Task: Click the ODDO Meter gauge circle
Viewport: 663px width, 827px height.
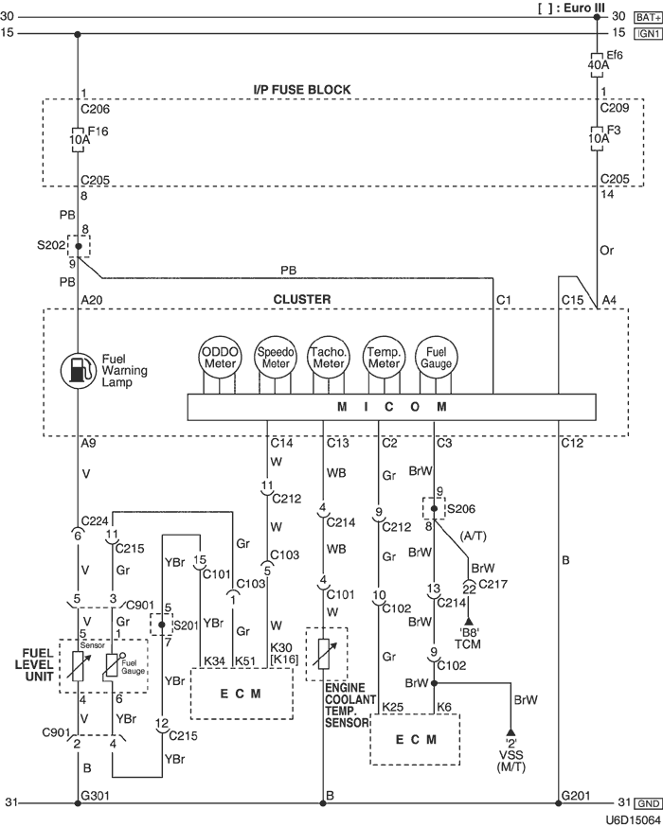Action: point(220,358)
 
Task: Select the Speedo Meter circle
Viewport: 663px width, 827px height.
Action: point(276,358)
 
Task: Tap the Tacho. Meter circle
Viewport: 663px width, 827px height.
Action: point(329,358)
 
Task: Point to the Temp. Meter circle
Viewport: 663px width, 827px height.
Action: point(384,358)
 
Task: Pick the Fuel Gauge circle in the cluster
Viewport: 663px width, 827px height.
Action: point(438,358)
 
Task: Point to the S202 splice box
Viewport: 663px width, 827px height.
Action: point(78,245)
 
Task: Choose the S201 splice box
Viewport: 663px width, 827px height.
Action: point(161,625)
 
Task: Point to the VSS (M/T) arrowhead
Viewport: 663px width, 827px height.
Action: point(511,732)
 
